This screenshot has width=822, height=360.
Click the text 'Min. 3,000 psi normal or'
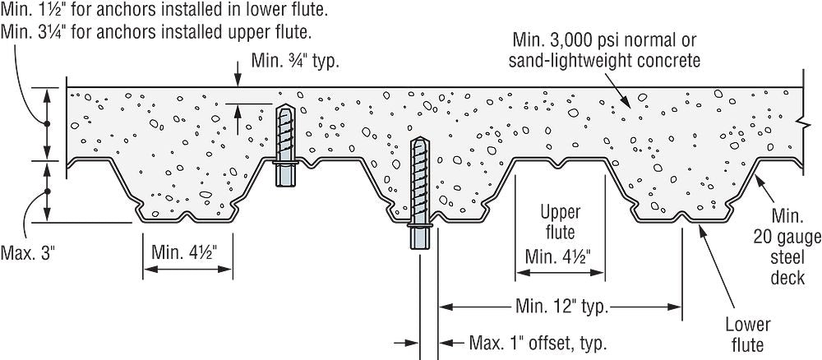coord(601,41)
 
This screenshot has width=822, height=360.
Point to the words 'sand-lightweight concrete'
coord(604,60)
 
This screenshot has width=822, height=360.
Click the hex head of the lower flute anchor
coord(418,237)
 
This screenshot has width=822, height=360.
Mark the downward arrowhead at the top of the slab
coord(237,82)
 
